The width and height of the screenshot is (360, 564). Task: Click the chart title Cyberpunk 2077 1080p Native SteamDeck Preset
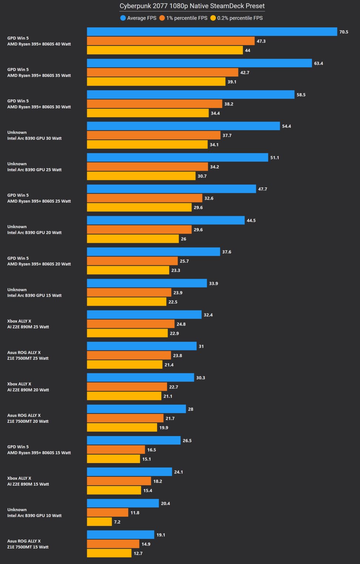(x=192, y=6)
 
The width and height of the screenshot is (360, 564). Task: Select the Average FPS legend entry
(x=138, y=18)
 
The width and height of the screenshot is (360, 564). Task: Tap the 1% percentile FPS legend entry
(x=183, y=18)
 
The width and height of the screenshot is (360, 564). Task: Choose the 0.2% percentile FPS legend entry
(x=237, y=18)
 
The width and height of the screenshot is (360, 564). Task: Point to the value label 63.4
(x=318, y=63)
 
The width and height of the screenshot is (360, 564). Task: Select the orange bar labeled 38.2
(x=154, y=104)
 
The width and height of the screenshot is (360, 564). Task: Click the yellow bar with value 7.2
(x=99, y=522)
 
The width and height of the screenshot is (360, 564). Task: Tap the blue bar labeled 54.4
(x=183, y=126)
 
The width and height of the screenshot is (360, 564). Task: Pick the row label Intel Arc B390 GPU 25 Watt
(x=34, y=170)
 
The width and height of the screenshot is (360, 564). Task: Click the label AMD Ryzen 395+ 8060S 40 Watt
(x=39, y=44)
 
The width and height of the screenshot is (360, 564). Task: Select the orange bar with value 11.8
(x=108, y=513)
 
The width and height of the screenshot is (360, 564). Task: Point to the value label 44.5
(x=251, y=221)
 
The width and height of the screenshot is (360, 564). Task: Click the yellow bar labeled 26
(x=133, y=239)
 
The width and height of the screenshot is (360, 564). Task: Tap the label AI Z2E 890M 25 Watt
(x=28, y=327)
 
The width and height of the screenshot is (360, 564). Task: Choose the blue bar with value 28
(x=136, y=409)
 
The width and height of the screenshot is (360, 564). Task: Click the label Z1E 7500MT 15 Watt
(x=28, y=547)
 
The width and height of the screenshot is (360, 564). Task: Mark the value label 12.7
(x=138, y=553)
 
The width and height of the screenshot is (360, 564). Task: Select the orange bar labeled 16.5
(x=116, y=450)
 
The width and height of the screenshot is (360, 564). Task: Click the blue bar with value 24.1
(x=129, y=472)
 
